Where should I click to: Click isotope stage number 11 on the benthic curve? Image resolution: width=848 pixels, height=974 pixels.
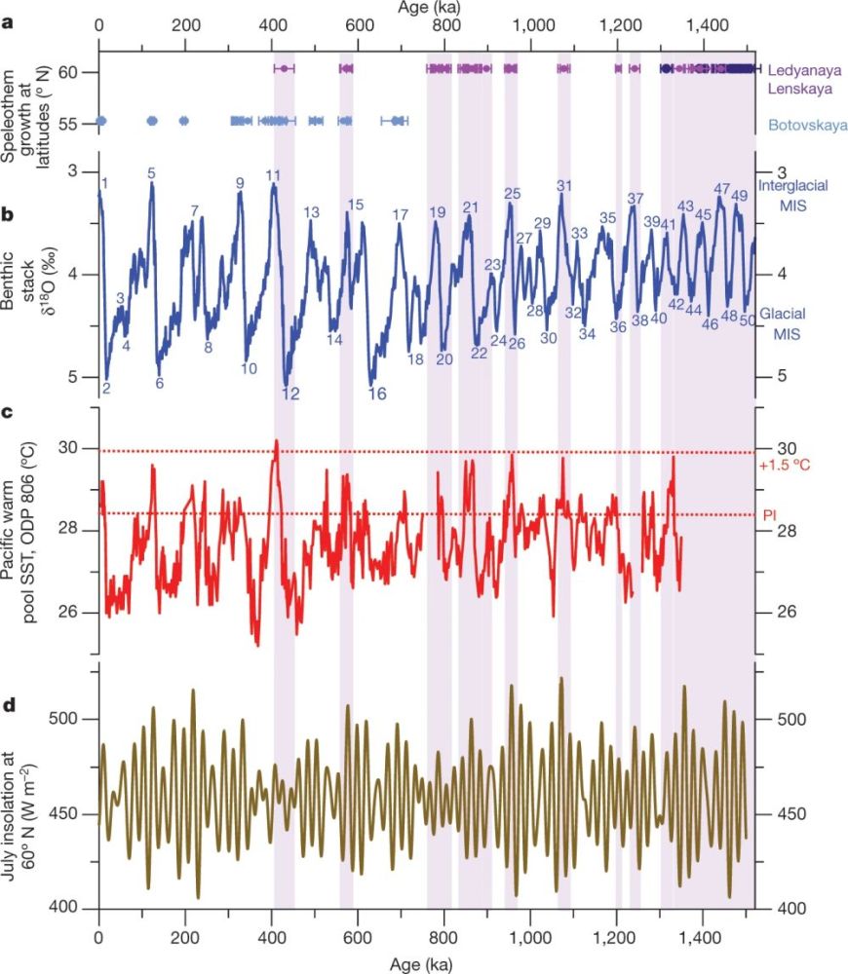274,176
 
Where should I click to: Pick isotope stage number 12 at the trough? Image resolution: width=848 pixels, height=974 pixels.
290,393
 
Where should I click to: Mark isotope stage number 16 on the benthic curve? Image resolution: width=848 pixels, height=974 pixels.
377,393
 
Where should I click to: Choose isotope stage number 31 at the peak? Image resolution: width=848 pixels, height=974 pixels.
564,185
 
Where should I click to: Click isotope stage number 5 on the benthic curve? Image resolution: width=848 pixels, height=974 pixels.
151,173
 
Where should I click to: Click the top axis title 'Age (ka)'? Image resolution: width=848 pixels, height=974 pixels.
423,8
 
